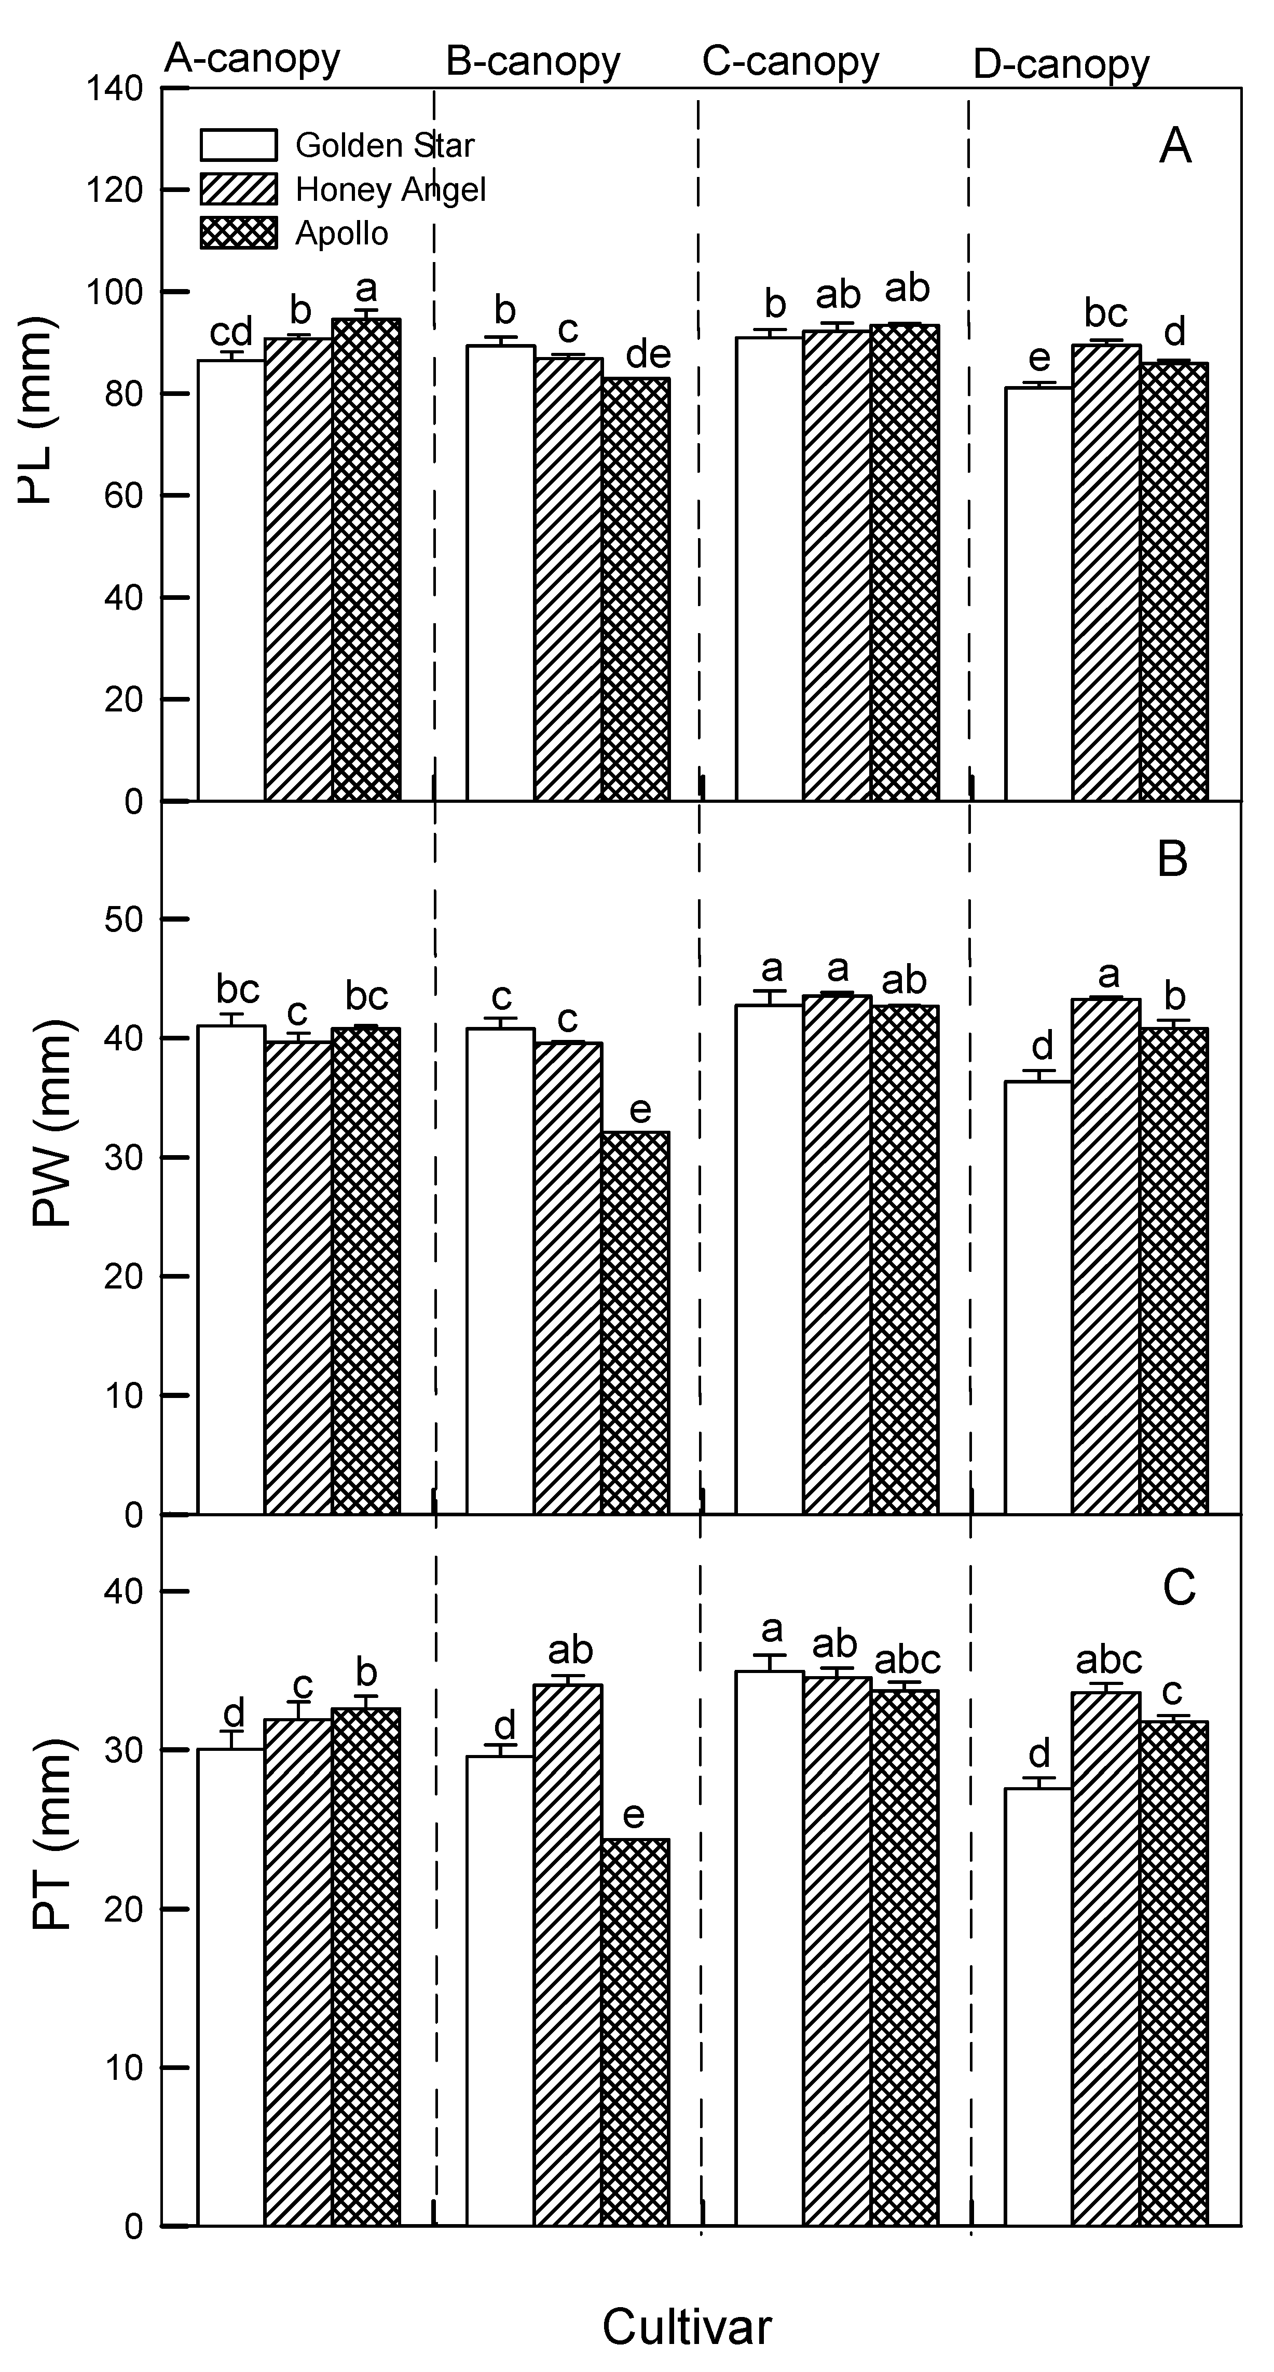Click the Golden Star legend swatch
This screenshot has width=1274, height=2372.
coord(238,145)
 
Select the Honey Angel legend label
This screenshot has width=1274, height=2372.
coord(390,190)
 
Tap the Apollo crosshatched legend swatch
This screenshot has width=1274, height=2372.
coord(238,233)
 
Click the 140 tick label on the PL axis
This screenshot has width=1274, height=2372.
coord(115,89)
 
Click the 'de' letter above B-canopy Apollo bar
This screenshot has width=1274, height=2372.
coord(648,354)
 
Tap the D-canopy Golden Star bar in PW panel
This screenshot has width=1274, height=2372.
coord(1037,1298)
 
